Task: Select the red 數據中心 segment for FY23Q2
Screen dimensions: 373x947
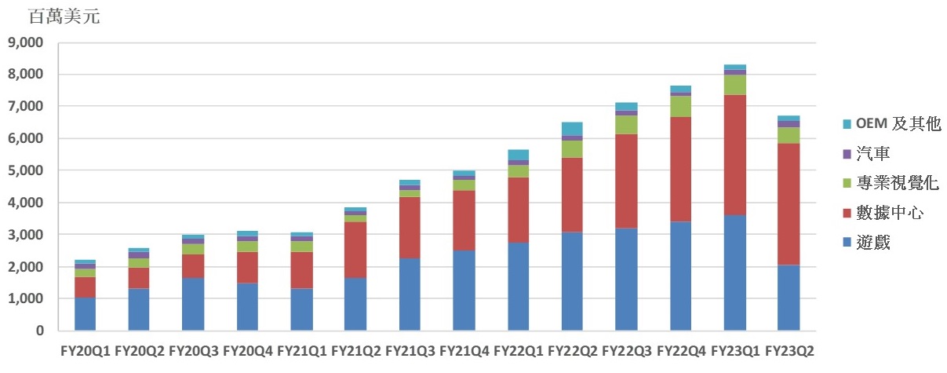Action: [x=789, y=204]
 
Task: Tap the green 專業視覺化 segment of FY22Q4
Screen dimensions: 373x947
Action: [x=680, y=106]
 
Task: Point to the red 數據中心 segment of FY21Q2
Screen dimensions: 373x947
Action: [x=355, y=250]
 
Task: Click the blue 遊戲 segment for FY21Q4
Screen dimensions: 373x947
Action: [x=464, y=291]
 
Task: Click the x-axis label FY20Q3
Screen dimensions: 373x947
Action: [x=193, y=351]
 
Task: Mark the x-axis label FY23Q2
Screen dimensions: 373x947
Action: [x=789, y=351]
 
